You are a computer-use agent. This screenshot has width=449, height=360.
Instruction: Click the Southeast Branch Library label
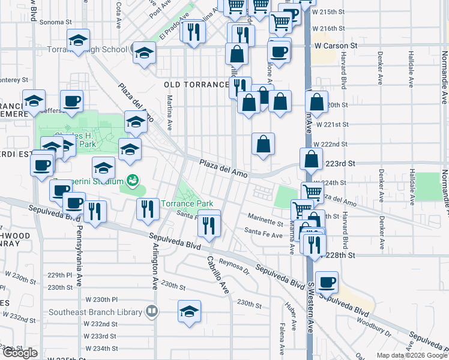click(95, 311)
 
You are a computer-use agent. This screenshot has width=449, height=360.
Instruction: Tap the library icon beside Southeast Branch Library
click(151, 311)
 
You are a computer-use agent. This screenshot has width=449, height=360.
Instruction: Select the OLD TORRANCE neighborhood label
click(196, 85)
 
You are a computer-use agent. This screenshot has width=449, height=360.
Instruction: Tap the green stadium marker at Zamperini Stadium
click(132, 179)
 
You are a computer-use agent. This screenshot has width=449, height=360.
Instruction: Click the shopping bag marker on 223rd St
click(312, 160)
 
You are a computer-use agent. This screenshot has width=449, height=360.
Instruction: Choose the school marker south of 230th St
click(189, 311)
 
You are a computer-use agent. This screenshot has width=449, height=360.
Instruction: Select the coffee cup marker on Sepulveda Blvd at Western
click(327, 282)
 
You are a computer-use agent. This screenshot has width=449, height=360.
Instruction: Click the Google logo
click(20, 353)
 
